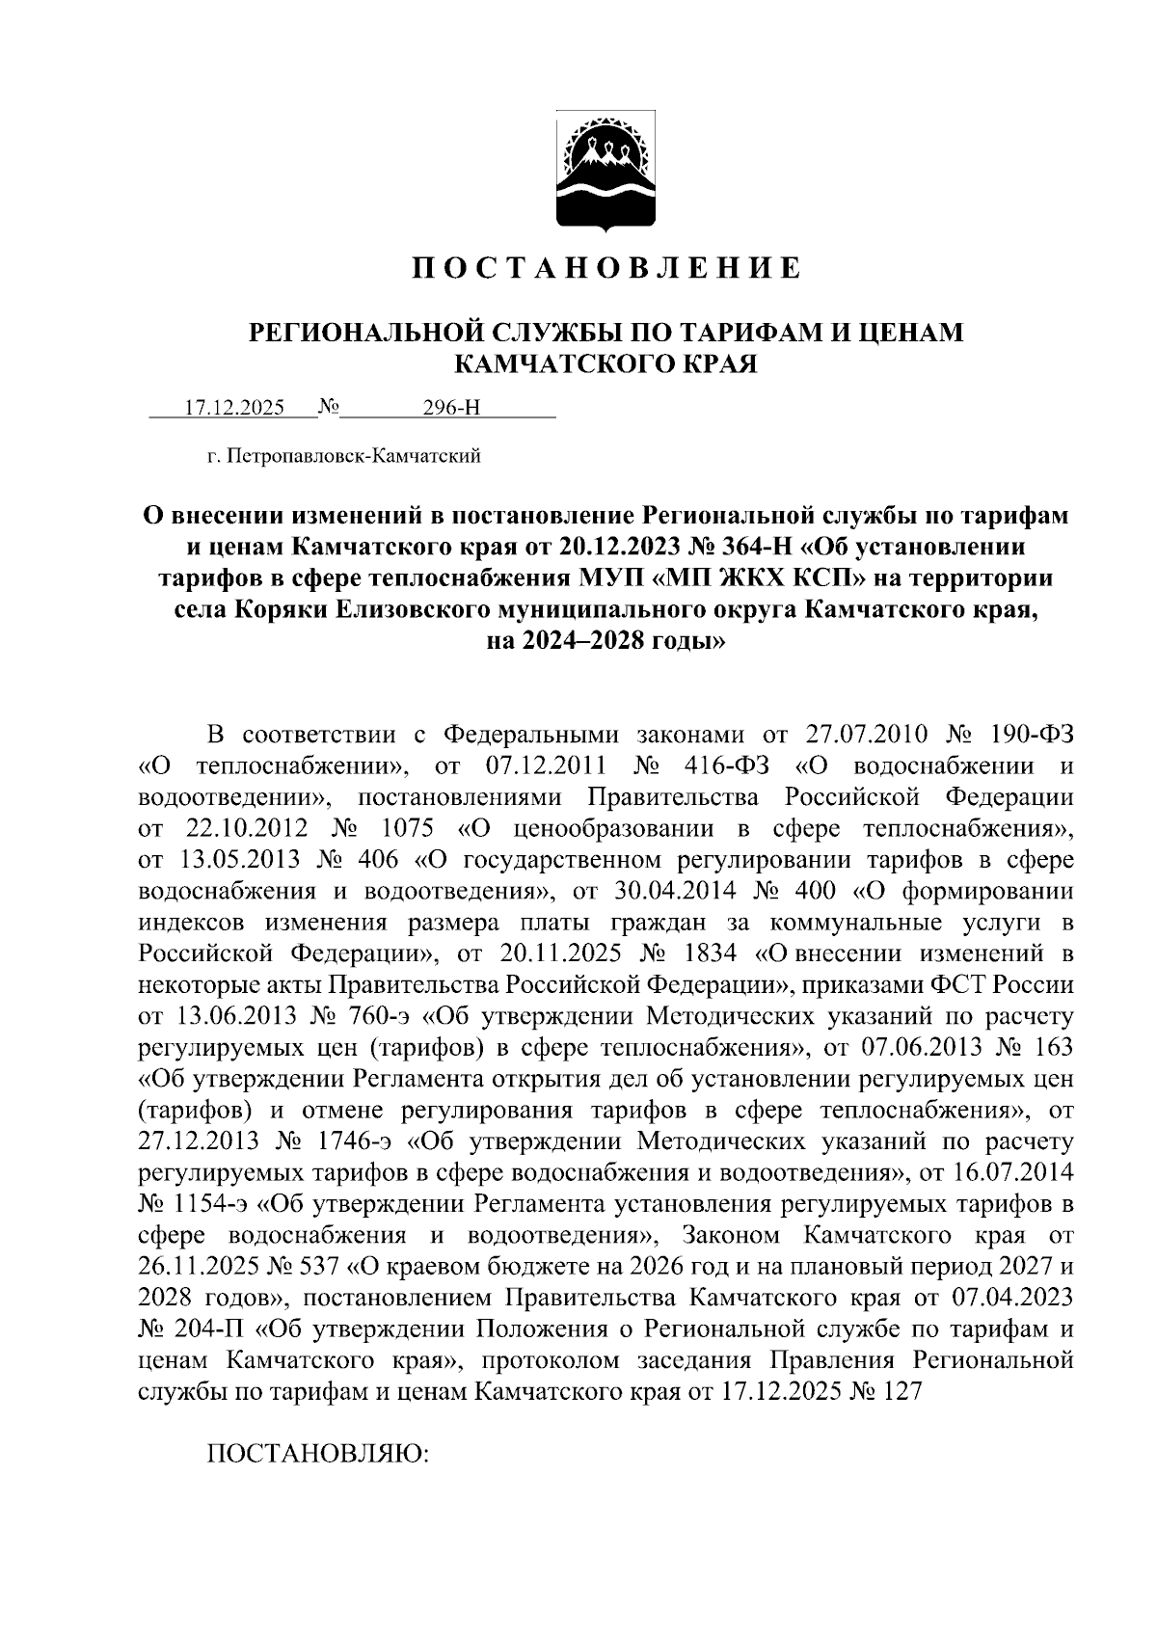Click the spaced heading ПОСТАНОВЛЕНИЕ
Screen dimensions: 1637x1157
coord(606,267)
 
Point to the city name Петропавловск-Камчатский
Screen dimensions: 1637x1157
coord(353,456)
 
